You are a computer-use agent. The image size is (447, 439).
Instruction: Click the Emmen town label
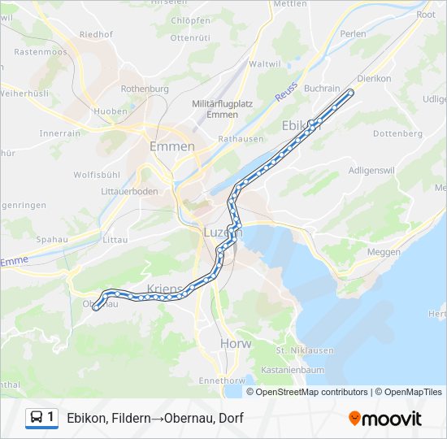(172, 146)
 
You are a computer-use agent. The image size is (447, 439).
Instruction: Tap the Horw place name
(236, 344)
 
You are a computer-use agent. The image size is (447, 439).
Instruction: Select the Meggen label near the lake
(384, 252)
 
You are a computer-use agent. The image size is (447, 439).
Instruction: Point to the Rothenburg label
(144, 89)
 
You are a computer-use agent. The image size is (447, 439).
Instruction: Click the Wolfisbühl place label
(97, 175)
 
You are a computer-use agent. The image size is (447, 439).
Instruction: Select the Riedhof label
(96, 34)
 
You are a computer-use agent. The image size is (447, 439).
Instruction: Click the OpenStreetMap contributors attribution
(312, 392)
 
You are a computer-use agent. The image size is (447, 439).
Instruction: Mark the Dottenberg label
(397, 133)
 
